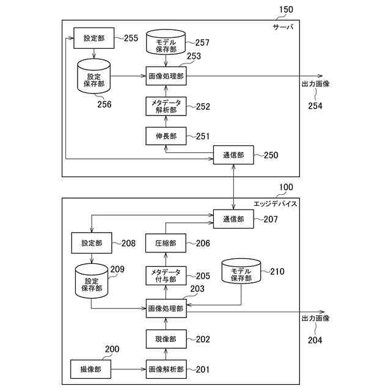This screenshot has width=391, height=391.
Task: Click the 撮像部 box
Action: [x=91, y=369]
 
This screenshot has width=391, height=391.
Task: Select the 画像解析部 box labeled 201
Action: [x=166, y=369]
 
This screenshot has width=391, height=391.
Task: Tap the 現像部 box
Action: [x=166, y=339]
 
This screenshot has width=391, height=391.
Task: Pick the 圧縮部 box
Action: [x=166, y=243]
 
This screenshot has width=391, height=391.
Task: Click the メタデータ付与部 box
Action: [x=166, y=276]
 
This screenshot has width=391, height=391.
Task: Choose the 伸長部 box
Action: [x=166, y=136]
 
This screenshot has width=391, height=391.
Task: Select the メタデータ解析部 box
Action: [x=166, y=106]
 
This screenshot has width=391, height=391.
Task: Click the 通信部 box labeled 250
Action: [x=233, y=155]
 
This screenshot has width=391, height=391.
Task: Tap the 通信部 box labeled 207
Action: [x=233, y=219]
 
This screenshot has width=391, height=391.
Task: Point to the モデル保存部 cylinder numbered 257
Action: [x=166, y=42]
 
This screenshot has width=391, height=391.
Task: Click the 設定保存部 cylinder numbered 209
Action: [x=92, y=281]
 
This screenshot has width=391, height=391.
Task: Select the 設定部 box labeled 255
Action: [x=94, y=38]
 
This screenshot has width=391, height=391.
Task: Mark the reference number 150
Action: [x=286, y=10]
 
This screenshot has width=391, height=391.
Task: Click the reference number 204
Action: [x=315, y=340]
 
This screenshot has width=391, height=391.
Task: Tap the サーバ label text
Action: [x=283, y=27]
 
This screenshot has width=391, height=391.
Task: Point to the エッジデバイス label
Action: [x=276, y=204]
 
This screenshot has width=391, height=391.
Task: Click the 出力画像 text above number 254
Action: [x=316, y=84]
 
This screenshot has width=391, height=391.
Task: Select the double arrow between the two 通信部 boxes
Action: [x=233, y=187]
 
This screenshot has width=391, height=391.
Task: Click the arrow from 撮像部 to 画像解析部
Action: [x=128, y=369]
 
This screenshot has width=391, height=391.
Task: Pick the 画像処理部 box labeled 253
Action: [x=166, y=76]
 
